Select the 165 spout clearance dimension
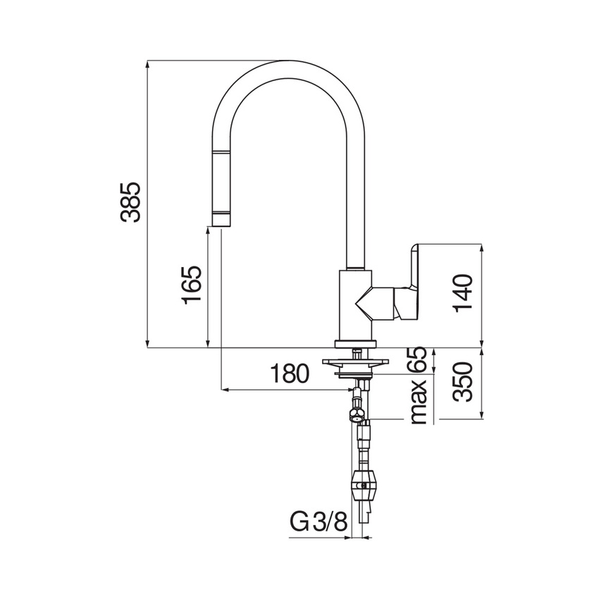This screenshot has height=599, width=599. point(192,285)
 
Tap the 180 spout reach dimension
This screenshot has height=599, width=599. point(290,373)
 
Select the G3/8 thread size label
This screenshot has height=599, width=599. point(319,524)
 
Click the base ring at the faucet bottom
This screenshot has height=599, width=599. point(356,343)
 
